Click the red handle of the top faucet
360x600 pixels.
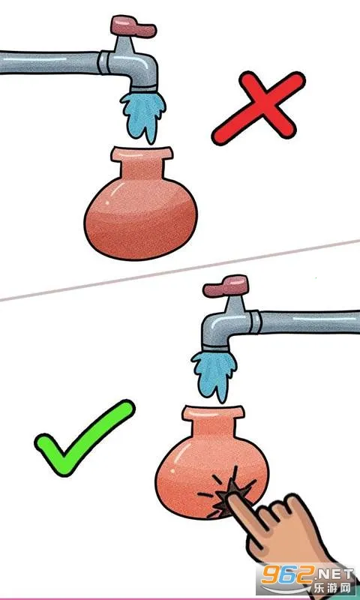(x=133, y=25)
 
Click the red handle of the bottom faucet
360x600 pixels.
(x=226, y=286)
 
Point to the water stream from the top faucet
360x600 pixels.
(x=143, y=115)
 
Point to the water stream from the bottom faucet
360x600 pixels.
(x=214, y=376)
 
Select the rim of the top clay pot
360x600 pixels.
(x=142, y=154)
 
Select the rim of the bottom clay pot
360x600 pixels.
(x=213, y=413)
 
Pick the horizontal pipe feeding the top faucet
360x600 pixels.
(x=49, y=62)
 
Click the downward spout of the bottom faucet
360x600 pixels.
(x=215, y=337)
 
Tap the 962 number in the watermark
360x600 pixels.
(x=286, y=576)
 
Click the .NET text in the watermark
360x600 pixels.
(x=334, y=574)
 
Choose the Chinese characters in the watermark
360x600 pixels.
(x=332, y=588)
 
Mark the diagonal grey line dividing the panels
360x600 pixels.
(x=180, y=270)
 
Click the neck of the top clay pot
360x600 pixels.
(x=142, y=169)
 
